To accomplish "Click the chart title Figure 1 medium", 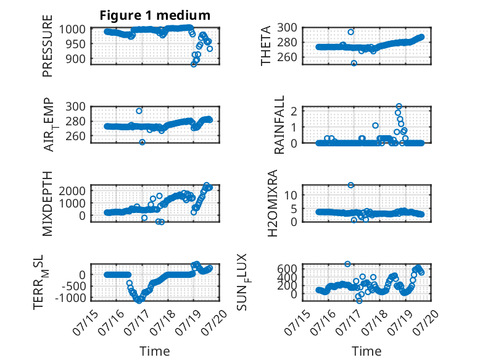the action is (x=155, y=15).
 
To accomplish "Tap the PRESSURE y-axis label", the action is (x=48, y=46).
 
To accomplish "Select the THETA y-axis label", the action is (x=266, y=46).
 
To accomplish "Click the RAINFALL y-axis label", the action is (x=279, y=125).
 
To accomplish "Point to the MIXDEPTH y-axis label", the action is (x=48, y=204).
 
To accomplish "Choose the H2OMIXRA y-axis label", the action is (x=273, y=203).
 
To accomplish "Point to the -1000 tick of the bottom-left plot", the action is (x=71, y=298).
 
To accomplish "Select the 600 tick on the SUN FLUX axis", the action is (x=287, y=269).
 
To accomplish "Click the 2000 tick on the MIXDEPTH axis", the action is (x=73, y=191).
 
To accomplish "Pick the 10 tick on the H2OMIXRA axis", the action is (x=291, y=195).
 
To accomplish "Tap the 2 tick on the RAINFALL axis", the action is (x=294, y=111).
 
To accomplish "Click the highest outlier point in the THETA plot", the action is (x=351, y=32).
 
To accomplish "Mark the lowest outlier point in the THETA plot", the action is (x=354, y=63).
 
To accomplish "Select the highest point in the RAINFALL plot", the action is (x=399, y=106).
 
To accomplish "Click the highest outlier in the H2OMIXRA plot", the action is (x=351, y=185).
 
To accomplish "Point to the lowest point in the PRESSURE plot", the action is (x=194, y=64).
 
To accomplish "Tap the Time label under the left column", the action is (x=155, y=351).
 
